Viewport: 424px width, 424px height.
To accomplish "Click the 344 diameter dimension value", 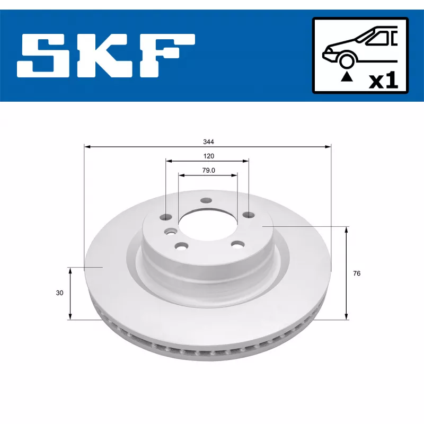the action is [x=208, y=142].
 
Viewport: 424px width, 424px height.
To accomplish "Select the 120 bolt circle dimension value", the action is [x=208, y=156].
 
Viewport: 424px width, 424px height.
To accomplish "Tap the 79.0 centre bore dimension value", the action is [x=208, y=170].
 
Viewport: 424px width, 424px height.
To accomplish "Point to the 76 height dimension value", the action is [x=357, y=273].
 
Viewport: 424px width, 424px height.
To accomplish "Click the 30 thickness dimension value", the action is [x=59, y=293].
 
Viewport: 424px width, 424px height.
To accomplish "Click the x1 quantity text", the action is [x=384, y=81].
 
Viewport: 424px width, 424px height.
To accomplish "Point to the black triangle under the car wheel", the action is [x=347, y=77].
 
